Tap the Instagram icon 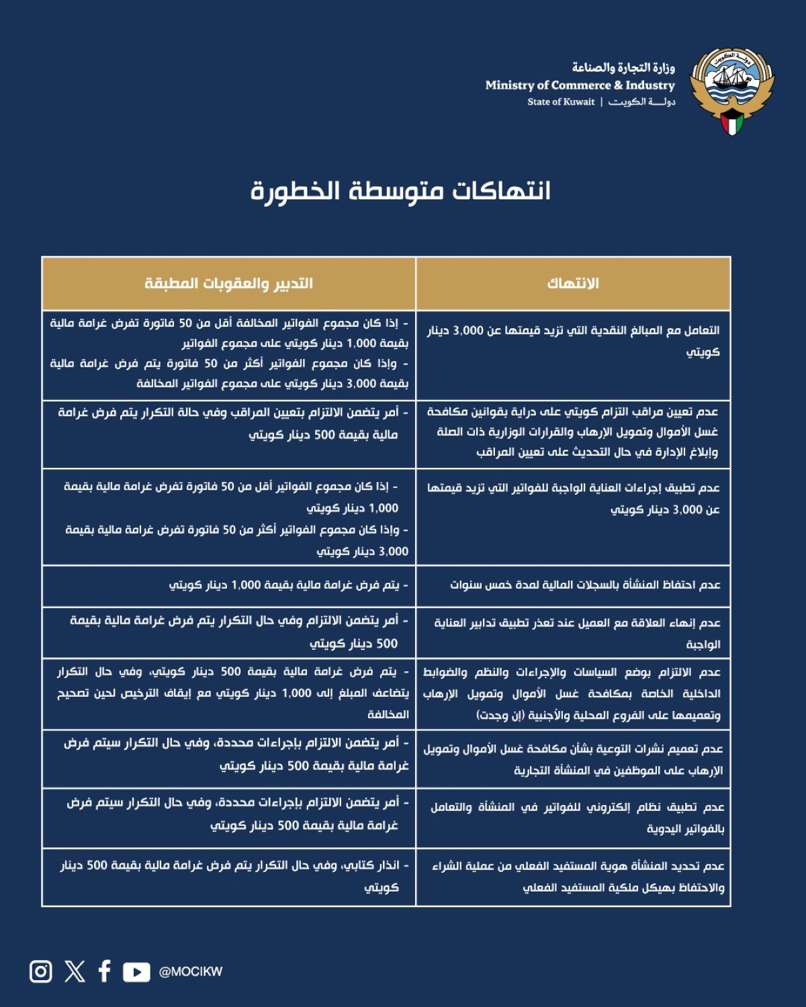(x=41, y=971)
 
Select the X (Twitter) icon (x=75, y=971)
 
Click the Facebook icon (x=104, y=971)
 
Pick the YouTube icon (x=136, y=972)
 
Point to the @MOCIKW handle (x=190, y=972)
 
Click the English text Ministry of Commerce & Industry (x=580, y=85)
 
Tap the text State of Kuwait (x=561, y=102)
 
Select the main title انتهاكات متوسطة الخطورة (x=401, y=191)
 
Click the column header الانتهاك (x=573, y=283)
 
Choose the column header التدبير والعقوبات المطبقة (x=228, y=283)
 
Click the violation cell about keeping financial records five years (x=584, y=585)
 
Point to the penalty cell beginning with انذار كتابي (x=235, y=876)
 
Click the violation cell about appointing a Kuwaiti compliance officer (x=573, y=432)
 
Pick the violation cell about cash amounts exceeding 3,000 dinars (x=573, y=341)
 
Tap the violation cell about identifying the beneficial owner (x=578, y=877)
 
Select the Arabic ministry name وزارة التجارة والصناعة (x=623, y=67)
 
